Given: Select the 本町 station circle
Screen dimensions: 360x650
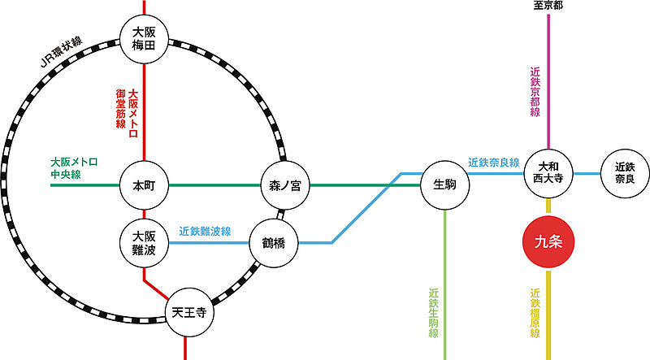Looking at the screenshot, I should tap(143, 185).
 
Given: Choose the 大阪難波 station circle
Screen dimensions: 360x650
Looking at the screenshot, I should tap(143, 242).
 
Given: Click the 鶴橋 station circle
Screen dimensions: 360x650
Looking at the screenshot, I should tap(274, 242).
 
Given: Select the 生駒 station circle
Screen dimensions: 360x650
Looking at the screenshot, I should tap(445, 185).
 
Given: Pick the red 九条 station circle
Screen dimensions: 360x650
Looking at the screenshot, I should tap(550, 242).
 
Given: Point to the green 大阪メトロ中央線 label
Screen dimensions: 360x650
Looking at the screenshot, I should tap(73, 167).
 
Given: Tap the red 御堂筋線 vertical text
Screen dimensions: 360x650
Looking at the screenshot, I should tap(119, 114).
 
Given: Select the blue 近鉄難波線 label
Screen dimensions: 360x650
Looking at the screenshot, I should tap(205, 232).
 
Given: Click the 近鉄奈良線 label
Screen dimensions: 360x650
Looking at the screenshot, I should tap(493, 163).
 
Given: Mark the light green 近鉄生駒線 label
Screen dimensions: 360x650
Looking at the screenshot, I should tap(433, 313).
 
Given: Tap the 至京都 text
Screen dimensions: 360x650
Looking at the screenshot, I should tap(548, 6).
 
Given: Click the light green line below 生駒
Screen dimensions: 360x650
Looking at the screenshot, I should tap(446, 284).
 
